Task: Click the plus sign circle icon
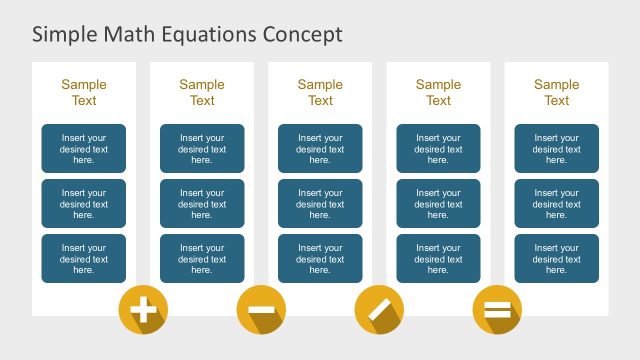(x=143, y=310)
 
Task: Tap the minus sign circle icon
(x=261, y=310)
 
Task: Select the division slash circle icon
(x=379, y=310)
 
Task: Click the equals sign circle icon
(x=497, y=310)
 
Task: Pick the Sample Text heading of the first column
(x=84, y=93)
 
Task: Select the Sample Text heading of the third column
(x=320, y=93)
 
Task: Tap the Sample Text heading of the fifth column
(x=556, y=93)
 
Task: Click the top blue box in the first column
(x=84, y=149)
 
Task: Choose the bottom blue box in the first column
(x=84, y=259)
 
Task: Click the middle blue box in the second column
(x=202, y=204)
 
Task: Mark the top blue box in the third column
(x=320, y=149)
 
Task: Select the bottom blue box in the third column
(x=320, y=259)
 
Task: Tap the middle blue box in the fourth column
(x=438, y=204)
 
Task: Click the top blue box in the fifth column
(x=556, y=149)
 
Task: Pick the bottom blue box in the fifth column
(x=556, y=259)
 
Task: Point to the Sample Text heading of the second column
(x=202, y=93)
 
